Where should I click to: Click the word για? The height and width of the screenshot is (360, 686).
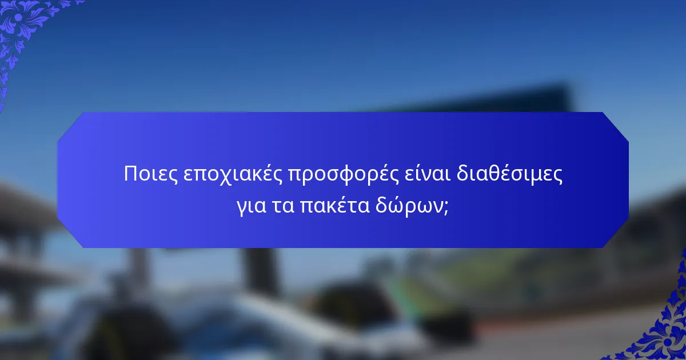250,206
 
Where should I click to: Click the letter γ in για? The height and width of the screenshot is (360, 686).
241,207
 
